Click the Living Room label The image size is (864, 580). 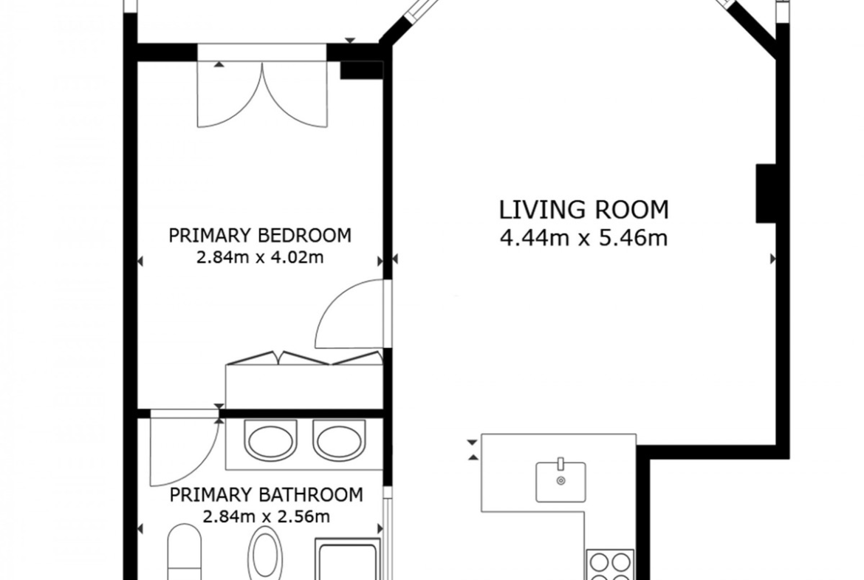[584, 210]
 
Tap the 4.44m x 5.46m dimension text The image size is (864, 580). [584, 238]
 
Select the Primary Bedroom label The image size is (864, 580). [260, 236]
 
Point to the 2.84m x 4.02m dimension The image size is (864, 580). [260, 257]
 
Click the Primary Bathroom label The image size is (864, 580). [266, 495]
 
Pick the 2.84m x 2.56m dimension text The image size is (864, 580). [266, 516]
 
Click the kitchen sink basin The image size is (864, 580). [561, 482]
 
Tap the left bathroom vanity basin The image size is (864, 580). [271, 440]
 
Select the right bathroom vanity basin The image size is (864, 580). [339, 440]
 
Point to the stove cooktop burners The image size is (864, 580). [609, 565]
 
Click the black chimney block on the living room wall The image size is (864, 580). [765, 193]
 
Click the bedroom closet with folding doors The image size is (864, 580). [304, 381]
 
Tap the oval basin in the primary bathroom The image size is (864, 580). [265, 553]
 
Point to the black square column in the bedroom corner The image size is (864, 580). [361, 70]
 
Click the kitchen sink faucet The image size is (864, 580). [561, 464]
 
